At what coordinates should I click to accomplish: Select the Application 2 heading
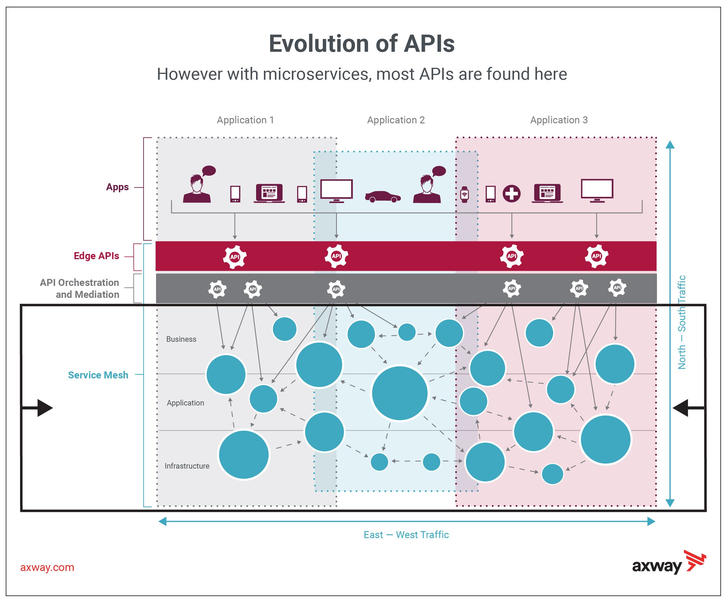coord(396,120)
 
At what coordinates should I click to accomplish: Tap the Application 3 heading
coord(558,120)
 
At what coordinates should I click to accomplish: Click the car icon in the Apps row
coord(383,197)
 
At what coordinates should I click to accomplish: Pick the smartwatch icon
coord(464,194)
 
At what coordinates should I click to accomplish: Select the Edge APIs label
coord(96,256)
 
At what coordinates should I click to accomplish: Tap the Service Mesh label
coord(98,375)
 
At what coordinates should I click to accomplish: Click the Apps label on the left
coord(117,187)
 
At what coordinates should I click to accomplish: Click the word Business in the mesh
coord(181,339)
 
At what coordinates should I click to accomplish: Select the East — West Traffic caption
coord(406,535)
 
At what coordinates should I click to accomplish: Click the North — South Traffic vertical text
coord(681,322)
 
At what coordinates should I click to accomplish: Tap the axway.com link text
coord(47,567)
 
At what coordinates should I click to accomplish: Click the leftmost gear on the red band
coord(235,257)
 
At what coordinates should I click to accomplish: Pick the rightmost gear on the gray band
coord(617,287)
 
